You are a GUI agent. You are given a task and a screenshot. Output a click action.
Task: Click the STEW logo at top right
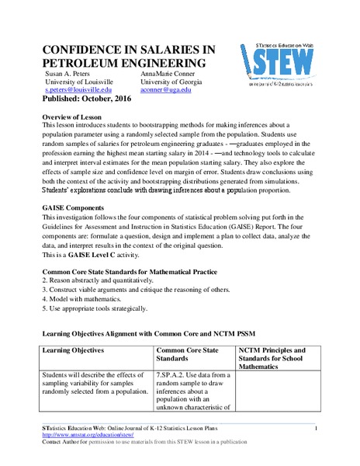pos(289,61)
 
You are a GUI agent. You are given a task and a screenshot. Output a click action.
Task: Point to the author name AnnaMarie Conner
pos(171,72)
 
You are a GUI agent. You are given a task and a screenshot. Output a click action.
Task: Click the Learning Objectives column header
pos(77,350)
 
